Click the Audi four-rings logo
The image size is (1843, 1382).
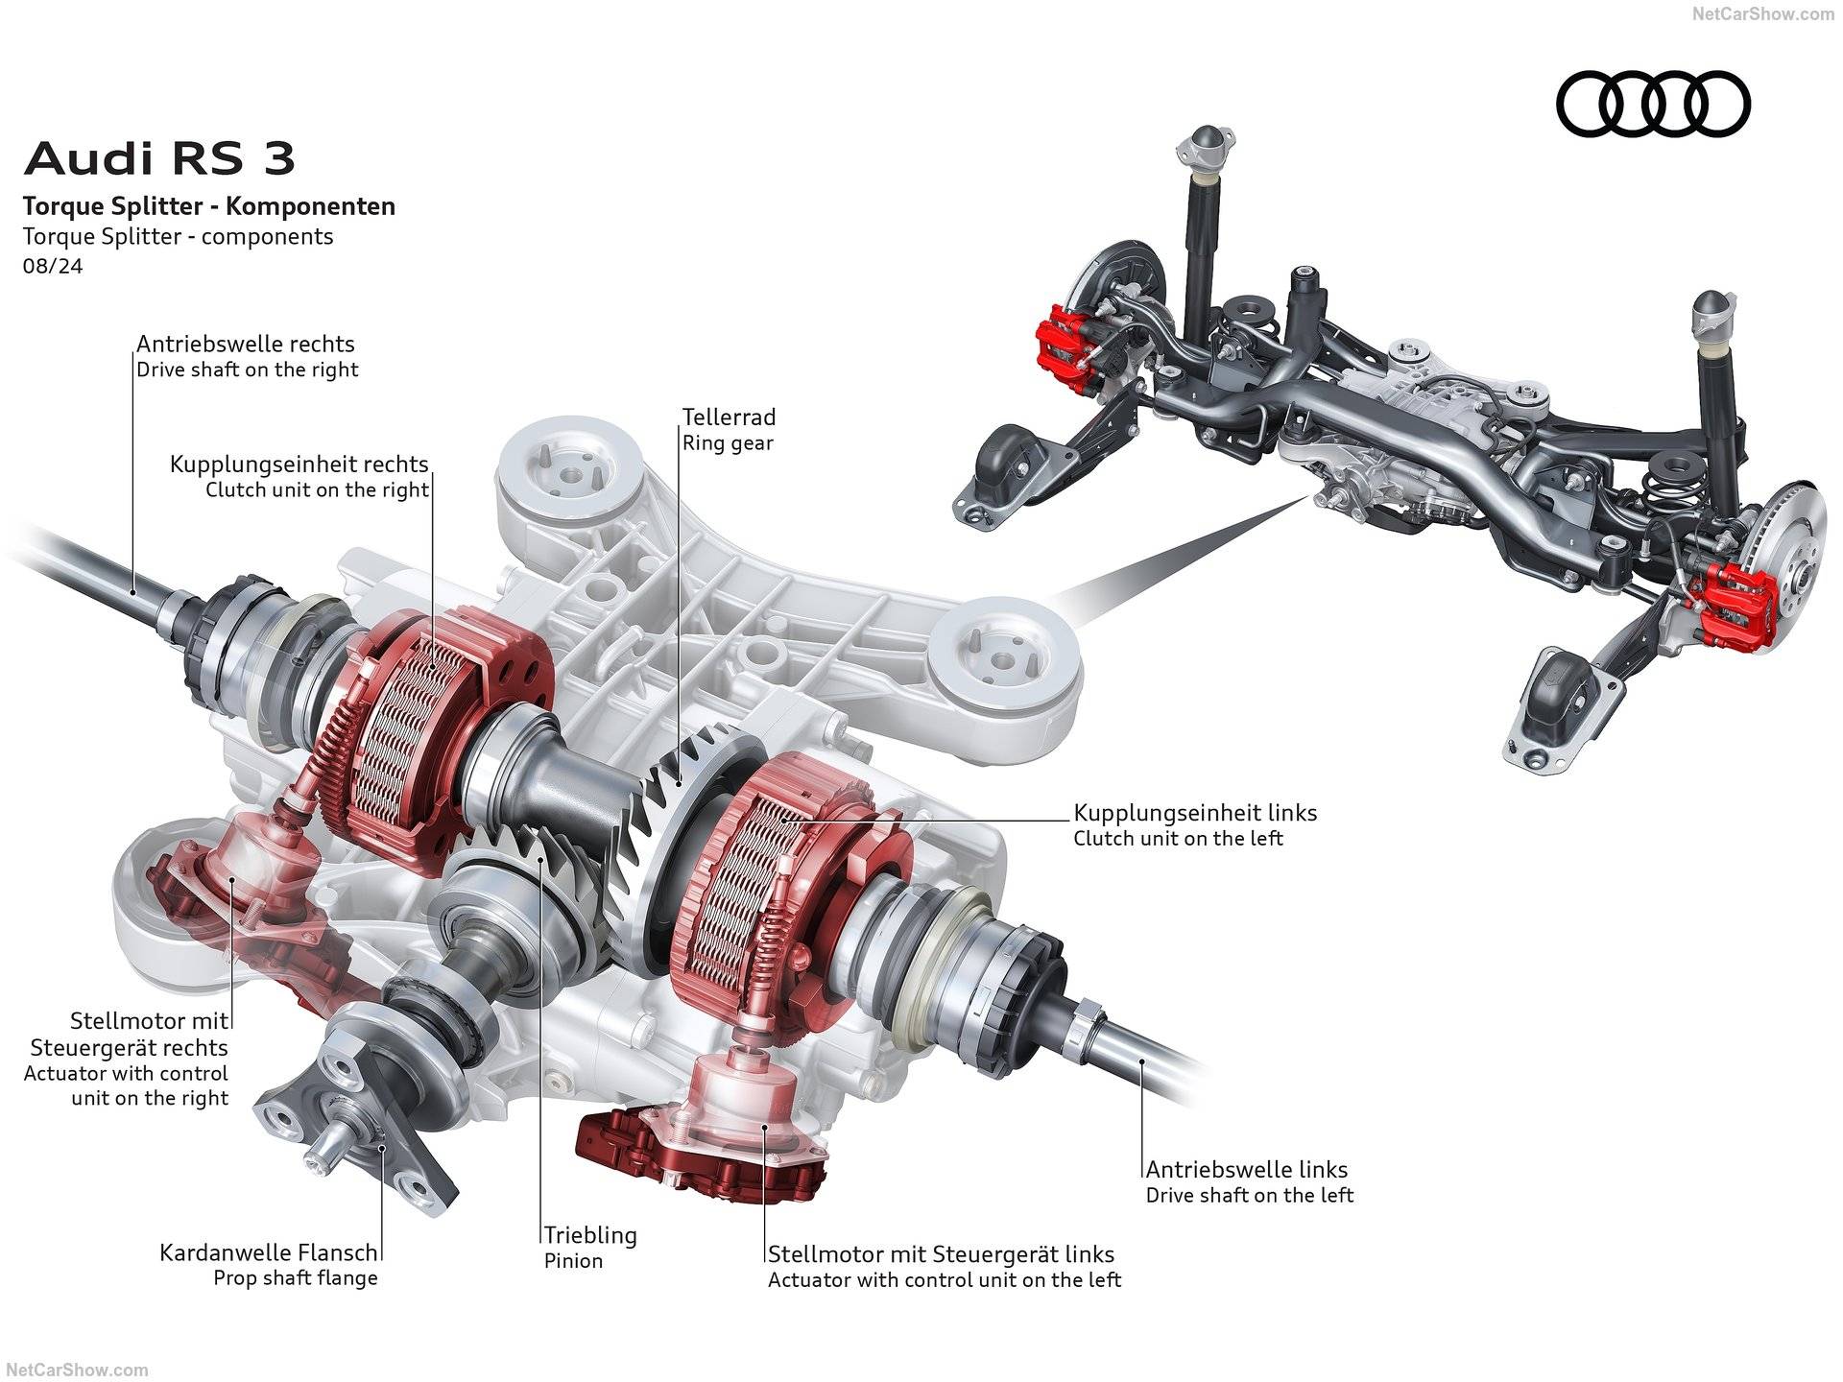(1653, 104)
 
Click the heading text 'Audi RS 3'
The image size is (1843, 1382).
(159, 158)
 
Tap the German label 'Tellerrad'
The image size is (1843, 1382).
(729, 417)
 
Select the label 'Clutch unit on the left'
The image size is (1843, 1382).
(1178, 839)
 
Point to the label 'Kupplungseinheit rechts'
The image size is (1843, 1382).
(299, 465)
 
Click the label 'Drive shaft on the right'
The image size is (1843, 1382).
(248, 369)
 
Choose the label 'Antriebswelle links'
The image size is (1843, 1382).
(1246, 1170)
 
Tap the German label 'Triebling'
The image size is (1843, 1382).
(590, 1235)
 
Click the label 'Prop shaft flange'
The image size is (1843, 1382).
(296, 1278)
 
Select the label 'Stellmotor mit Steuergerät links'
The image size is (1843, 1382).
(941, 1254)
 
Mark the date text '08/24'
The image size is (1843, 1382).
(53, 266)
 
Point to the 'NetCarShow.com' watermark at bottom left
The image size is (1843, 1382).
(74, 1370)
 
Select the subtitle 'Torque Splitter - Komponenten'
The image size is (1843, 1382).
(209, 206)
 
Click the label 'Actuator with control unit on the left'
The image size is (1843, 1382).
(945, 1280)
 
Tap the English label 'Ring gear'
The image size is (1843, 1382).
(728, 443)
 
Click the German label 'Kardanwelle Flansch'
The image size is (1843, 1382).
(269, 1252)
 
